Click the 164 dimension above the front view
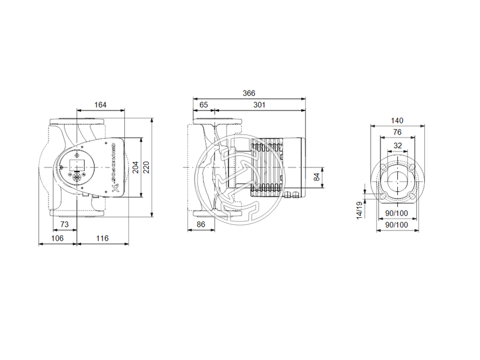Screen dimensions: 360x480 [x=100, y=105]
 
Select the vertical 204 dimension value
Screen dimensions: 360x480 [x=135, y=167]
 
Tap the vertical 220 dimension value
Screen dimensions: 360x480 [x=146, y=167]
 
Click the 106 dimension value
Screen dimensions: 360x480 [x=57, y=238]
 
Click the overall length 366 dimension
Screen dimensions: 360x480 [x=249, y=93]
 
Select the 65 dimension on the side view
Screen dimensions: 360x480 [x=203, y=105]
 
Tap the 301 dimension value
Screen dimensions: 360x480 [x=260, y=105]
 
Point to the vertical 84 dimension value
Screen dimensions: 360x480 [x=317, y=176]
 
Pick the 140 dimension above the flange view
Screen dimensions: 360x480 [x=397, y=121]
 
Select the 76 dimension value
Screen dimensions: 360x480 [x=397, y=132]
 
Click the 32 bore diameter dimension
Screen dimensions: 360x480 [x=397, y=145]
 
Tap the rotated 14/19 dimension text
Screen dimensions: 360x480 [x=359, y=211]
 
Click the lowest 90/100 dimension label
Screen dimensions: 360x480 [x=396, y=224]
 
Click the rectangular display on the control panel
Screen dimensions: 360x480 [x=77, y=164]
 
